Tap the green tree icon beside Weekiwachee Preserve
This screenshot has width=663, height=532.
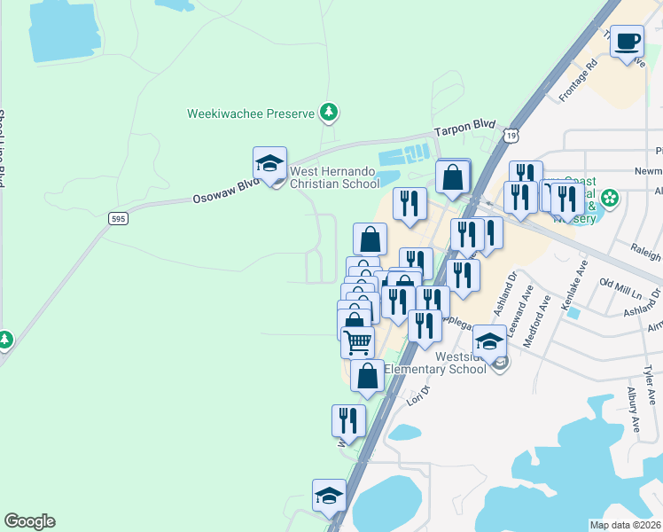pos(330,112)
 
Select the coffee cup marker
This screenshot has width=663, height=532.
pos(628,42)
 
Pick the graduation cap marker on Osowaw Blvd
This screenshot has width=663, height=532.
pos(269,164)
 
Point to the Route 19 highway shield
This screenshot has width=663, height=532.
pos(509,135)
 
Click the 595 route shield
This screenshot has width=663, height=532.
pos(117,217)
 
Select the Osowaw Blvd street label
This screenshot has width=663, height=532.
pos(226,190)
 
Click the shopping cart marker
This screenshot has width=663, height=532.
pos(357,341)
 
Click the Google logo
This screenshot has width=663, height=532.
pos(29,521)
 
